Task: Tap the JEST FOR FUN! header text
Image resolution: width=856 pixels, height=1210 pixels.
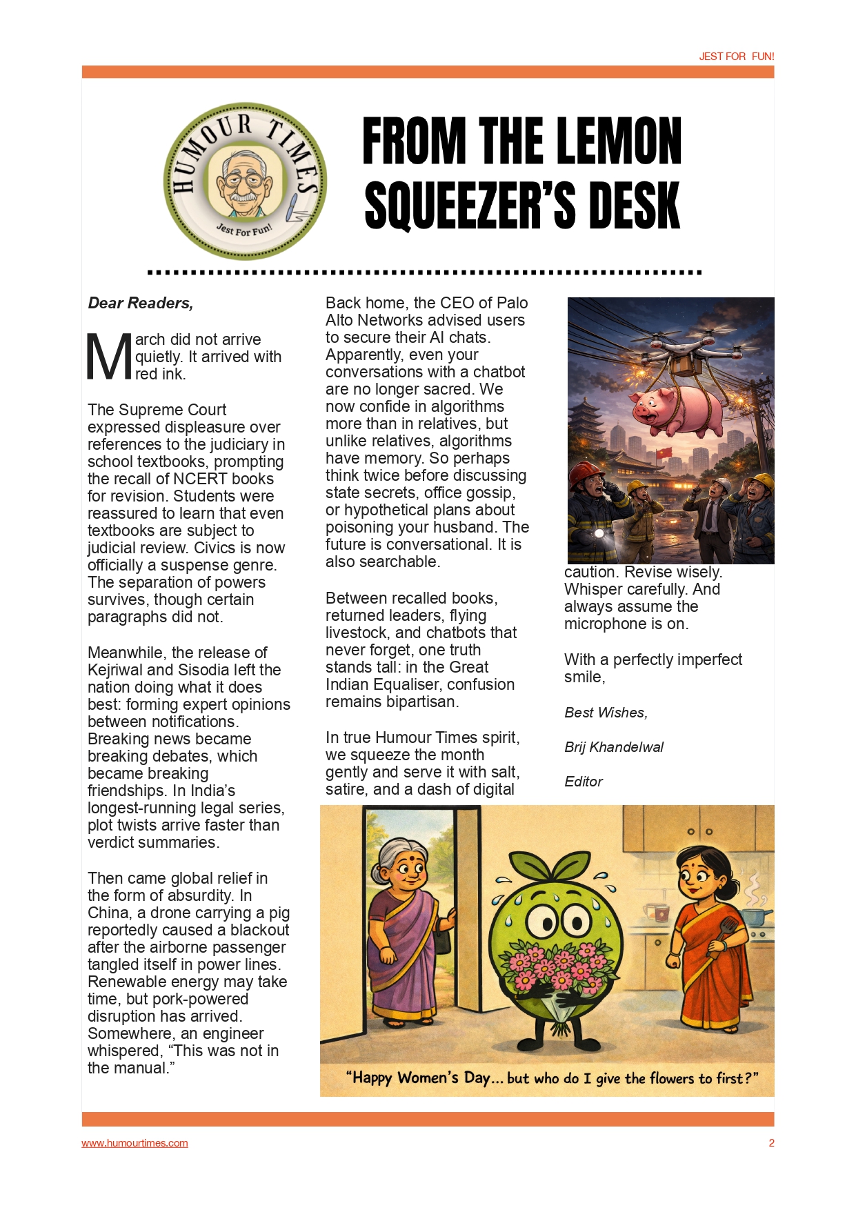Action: [736, 57]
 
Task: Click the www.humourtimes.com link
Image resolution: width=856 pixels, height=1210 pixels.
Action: [135, 1143]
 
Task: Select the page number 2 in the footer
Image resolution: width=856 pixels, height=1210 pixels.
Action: [771, 1143]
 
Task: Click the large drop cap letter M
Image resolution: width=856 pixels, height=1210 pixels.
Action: [109, 357]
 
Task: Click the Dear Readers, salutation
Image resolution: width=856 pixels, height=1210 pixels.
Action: [141, 303]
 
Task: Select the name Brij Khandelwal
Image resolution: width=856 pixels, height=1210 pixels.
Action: [614, 747]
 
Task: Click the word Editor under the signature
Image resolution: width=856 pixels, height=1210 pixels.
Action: [584, 782]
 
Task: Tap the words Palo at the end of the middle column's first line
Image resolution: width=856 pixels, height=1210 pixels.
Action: [512, 303]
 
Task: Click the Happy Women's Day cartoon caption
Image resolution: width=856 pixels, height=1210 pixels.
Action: [552, 1078]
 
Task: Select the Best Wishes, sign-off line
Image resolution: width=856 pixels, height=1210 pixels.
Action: [606, 713]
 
